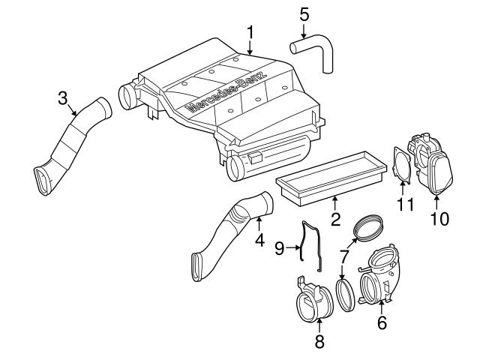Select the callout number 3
[63, 98]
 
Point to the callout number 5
[304, 14]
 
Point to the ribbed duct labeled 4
[232, 232]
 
